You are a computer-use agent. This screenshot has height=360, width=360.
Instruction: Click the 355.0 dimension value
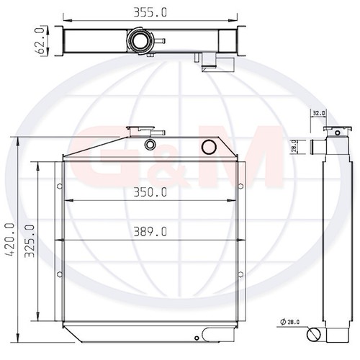click(150, 12)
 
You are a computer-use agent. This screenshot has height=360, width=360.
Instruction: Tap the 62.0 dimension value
click(40, 40)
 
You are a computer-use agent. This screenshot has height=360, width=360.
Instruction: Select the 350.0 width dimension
click(150, 192)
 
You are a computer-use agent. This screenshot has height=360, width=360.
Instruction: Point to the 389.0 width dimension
click(150, 232)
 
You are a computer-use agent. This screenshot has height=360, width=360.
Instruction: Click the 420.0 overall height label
click(11, 240)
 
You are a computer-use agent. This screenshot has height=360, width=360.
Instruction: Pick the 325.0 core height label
click(30, 241)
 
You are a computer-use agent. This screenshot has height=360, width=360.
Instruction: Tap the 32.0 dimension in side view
click(319, 113)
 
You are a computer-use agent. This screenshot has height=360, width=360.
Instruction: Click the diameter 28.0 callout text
click(290, 322)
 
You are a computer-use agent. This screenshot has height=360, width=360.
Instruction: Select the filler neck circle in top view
click(140, 41)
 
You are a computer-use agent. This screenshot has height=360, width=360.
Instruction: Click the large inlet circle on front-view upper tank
click(209, 147)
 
